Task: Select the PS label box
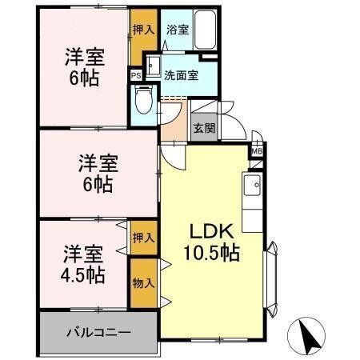coord(135,76)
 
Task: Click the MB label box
coord(257,150)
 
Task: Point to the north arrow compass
coord(311,334)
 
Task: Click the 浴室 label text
coord(177,30)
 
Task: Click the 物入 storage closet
coord(143,282)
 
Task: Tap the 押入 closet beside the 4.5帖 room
coord(143,238)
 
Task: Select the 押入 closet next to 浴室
coord(142,30)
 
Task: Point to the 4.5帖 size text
coord(83,275)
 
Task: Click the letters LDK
coord(210,231)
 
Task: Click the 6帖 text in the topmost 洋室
coord(83,78)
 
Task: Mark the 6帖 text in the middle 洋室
coord(98,184)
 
